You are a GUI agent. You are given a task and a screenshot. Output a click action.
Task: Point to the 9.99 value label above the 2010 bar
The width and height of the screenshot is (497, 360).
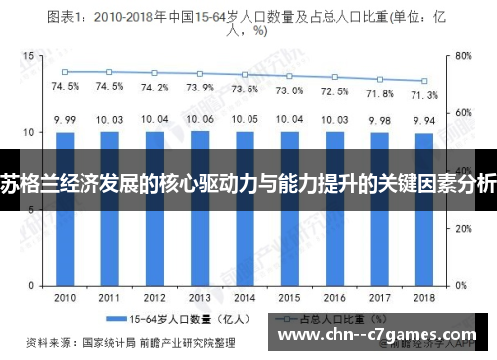click(66, 120)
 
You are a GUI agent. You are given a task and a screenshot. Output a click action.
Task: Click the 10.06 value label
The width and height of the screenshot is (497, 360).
click(201, 119)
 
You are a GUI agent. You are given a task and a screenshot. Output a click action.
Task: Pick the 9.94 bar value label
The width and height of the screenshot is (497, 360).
click(424, 120)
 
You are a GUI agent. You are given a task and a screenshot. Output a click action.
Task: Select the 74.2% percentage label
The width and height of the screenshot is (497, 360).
click(155, 87)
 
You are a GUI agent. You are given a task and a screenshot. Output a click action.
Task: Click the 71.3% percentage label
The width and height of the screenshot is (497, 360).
click(424, 94)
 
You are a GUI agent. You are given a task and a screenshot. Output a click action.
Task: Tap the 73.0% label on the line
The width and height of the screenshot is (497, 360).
click(290, 90)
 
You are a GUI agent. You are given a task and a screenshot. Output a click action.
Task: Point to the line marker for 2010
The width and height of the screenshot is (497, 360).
click(66, 72)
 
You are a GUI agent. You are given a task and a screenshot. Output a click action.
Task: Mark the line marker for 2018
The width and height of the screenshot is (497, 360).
click(424, 81)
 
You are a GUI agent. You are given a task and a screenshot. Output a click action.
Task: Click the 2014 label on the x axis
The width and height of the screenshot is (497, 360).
click(246, 297)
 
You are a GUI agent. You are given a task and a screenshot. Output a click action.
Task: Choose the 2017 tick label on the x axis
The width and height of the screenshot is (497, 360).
click(380, 297)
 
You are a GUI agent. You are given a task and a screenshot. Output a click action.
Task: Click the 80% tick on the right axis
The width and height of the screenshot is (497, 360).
click(464, 56)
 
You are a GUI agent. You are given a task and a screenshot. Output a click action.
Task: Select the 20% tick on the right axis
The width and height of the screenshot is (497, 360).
click(464, 228)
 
